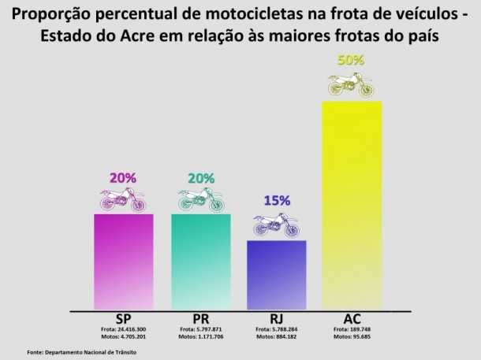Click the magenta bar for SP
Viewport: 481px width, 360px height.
[123, 262]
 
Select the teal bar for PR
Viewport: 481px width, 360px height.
[201, 262]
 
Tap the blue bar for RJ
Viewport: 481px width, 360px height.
[276, 275]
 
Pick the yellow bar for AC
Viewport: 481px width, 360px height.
[352, 205]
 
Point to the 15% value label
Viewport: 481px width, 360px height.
[277, 201]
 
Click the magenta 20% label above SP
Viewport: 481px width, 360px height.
[123, 177]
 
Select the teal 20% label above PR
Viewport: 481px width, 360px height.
[201, 177]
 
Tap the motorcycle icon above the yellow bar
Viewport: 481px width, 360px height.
[351, 84]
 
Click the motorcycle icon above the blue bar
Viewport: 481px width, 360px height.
[277, 225]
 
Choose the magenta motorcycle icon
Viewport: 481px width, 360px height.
[123, 199]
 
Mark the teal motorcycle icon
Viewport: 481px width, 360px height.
[201, 199]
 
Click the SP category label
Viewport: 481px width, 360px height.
[123, 319]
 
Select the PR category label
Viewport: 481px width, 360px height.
[201, 319]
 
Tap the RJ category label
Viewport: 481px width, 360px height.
[276, 319]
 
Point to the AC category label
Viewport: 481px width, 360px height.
[352, 319]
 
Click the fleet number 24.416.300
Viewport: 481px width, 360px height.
[129, 328]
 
